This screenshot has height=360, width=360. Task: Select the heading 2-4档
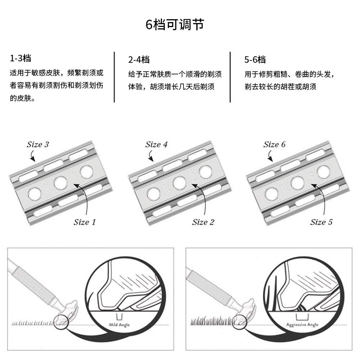[139, 60]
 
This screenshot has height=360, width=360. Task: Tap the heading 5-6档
[254, 60]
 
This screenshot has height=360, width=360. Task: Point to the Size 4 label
[156, 144]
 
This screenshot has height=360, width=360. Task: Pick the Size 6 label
[275, 144]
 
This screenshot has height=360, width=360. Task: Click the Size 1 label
[84, 222]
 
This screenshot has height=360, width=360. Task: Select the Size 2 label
[204, 222]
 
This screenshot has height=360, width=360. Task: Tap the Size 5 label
[321, 222]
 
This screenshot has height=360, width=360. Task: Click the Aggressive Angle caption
[302, 325]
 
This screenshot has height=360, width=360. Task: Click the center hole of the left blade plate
[60, 182]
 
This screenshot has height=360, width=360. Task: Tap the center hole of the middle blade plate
[179, 182]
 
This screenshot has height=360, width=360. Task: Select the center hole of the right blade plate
[297, 182]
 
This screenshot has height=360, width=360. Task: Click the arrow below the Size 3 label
[33, 156]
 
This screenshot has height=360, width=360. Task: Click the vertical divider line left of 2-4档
[114, 77]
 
